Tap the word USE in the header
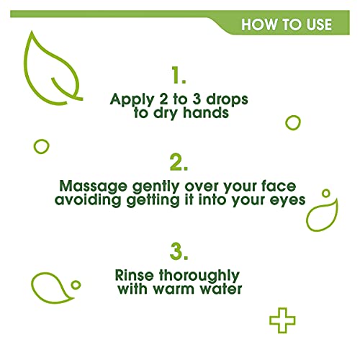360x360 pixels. (315, 24)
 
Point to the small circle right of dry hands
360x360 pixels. (292, 122)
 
